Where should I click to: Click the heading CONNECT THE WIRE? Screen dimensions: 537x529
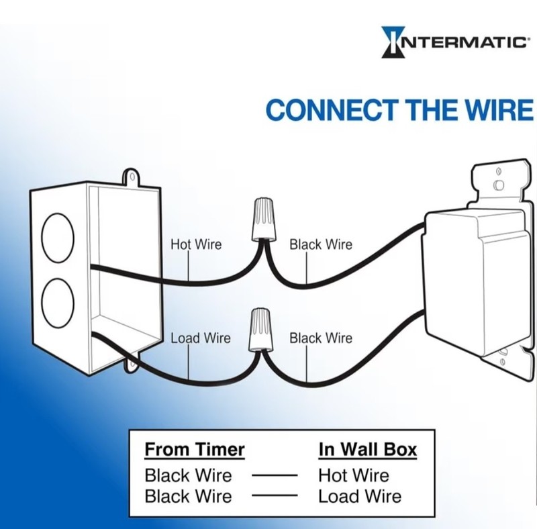399,110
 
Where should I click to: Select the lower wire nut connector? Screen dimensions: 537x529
261,330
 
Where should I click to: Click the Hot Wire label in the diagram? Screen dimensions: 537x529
196,244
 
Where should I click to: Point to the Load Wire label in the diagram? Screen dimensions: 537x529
201,338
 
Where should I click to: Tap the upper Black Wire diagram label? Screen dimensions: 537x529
321,244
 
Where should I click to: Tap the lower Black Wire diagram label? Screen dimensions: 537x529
321,338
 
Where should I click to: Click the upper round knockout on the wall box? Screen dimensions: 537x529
58,238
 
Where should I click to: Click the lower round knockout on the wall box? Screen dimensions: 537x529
58,303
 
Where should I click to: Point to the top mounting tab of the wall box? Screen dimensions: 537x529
131,177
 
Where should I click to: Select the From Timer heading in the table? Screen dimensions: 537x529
195,449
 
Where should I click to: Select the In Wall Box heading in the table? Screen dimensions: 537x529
368,449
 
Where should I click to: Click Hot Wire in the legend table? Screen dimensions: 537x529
354,475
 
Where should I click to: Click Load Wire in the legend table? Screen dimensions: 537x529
360,496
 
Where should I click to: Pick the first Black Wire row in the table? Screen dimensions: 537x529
189,475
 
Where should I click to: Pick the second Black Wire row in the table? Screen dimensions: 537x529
189,496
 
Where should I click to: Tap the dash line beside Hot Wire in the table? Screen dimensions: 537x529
275,475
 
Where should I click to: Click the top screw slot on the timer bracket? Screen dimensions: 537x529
499,185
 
